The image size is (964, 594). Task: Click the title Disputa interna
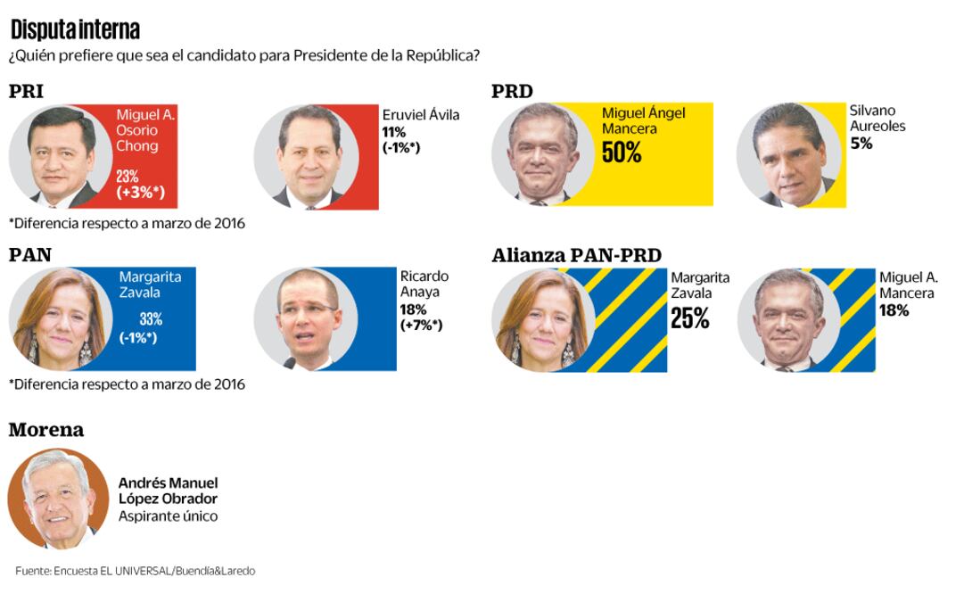click(x=75, y=29)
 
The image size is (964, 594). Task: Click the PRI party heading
click(x=26, y=92)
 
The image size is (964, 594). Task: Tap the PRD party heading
click(x=512, y=92)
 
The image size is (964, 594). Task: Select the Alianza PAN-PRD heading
click(x=576, y=256)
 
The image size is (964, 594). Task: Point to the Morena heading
click(x=46, y=430)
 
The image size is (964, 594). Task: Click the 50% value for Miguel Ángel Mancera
click(x=622, y=153)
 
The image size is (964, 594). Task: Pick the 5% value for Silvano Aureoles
click(x=861, y=143)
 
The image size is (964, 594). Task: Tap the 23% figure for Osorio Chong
click(x=128, y=177)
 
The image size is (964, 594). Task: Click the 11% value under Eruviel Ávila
click(x=393, y=131)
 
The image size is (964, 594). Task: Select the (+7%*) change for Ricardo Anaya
click(x=421, y=325)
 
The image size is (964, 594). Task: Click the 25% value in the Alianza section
click(x=689, y=318)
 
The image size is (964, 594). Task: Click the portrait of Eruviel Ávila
click(x=306, y=157)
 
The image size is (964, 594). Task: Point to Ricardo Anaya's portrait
click(x=306, y=319)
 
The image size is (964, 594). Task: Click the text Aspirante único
click(x=168, y=516)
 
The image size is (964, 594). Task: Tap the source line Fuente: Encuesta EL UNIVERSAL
click(x=135, y=571)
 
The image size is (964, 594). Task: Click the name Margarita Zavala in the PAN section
click(x=150, y=284)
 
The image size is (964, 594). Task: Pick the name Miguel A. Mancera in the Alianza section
click(x=908, y=285)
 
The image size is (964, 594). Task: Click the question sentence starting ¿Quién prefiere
click(x=244, y=55)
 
